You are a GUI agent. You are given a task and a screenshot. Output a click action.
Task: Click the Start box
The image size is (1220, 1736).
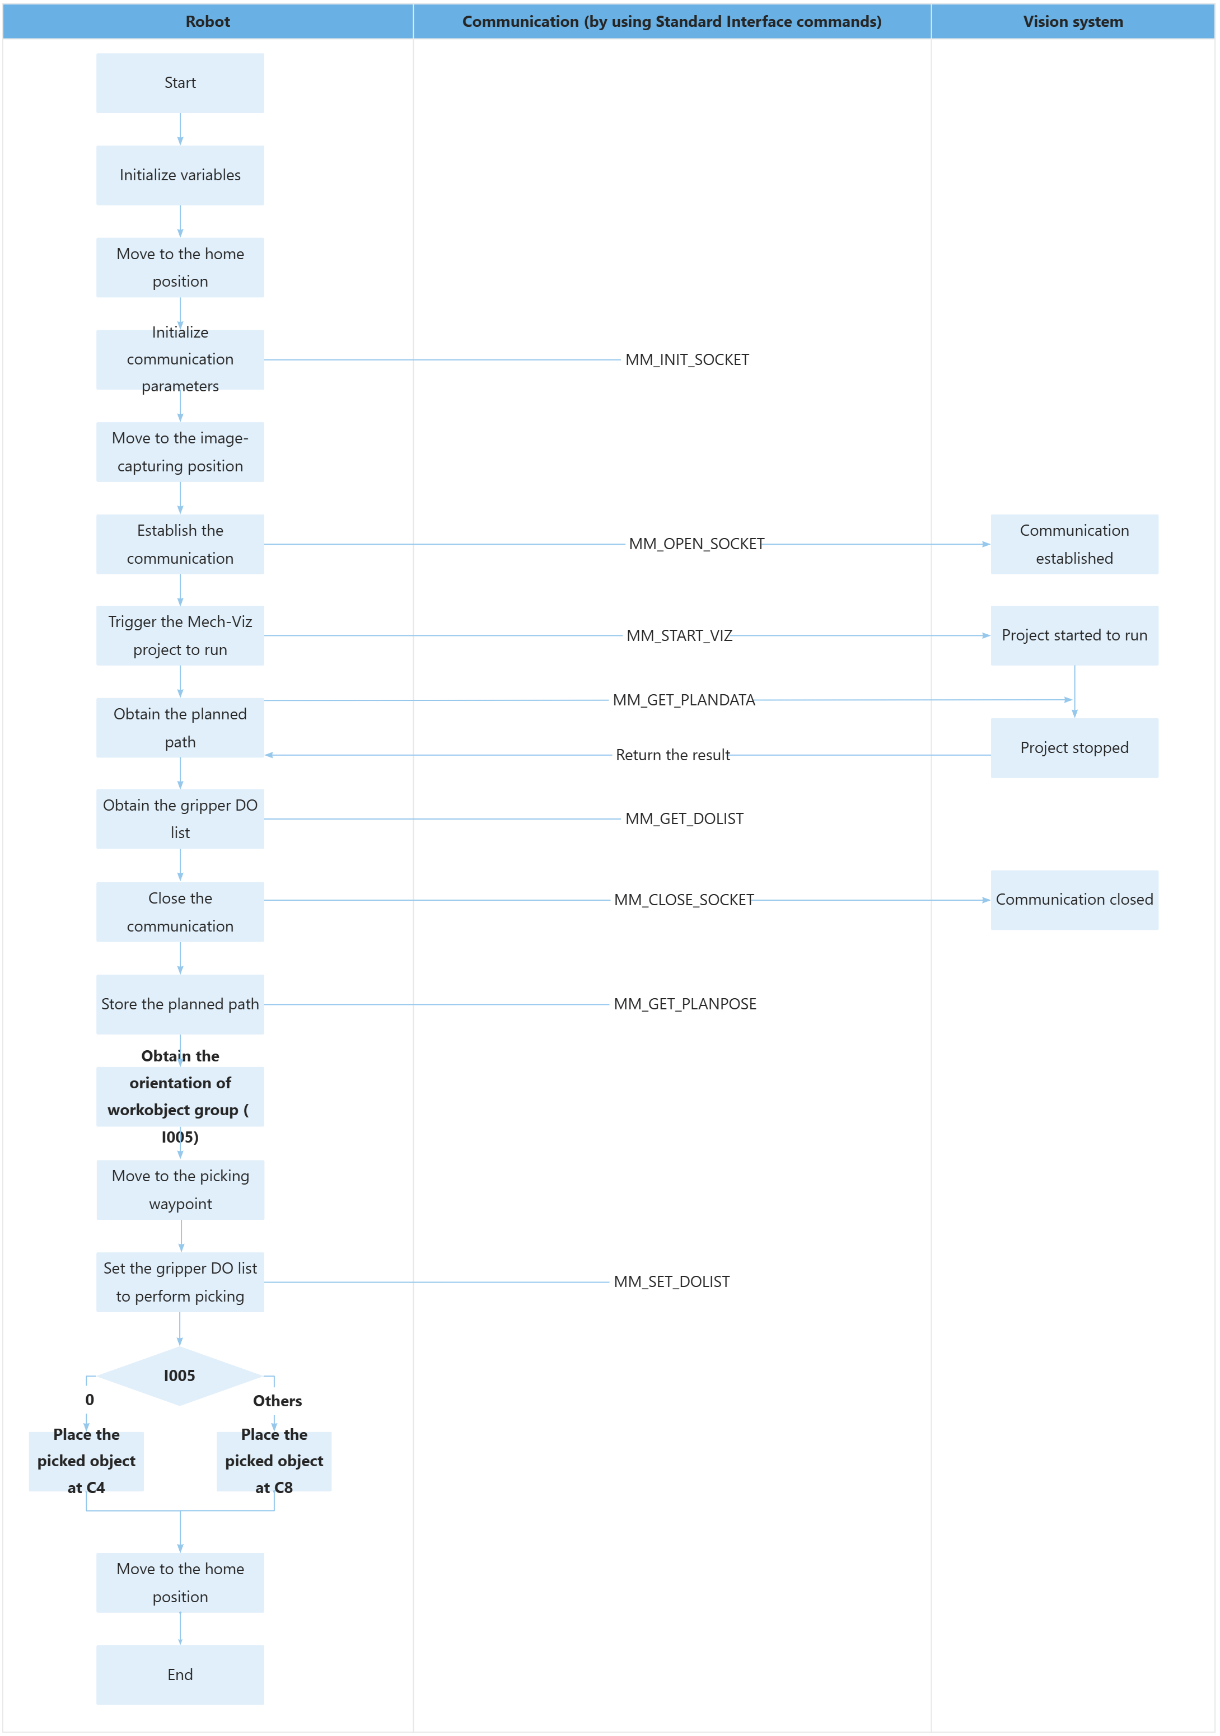pyautogui.click(x=180, y=83)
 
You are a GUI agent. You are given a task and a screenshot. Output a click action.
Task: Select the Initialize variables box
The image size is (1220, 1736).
pyautogui.click(x=180, y=175)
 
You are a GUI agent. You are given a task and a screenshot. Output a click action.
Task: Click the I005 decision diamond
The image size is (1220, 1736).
pyautogui.click(x=180, y=1375)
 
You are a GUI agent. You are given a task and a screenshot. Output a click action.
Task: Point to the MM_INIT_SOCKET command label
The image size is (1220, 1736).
pyautogui.click(x=687, y=360)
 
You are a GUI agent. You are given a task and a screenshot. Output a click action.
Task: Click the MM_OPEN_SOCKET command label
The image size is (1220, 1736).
pyautogui.click(x=696, y=544)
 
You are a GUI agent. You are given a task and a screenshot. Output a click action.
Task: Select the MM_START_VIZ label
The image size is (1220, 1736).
pyautogui.click(x=679, y=636)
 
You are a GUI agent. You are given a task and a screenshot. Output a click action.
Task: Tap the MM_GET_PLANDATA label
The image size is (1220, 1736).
pyautogui.click(x=684, y=700)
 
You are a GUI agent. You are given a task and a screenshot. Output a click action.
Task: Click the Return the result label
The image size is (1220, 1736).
pyautogui.click(x=672, y=755)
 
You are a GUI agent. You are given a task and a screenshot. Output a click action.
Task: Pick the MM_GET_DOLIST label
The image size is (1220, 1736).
pyautogui.click(x=684, y=819)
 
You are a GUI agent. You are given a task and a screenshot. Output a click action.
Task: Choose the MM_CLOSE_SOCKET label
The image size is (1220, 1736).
pyautogui.click(x=684, y=900)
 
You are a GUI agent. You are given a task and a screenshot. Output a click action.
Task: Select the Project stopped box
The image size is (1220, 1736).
pyautogui.click(x=1074, y=748)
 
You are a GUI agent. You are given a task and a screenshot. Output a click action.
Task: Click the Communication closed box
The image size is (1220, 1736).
pyautogui.click(x=1074, y=900)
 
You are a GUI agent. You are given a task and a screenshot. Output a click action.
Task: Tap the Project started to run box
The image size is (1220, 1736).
pyautogui.click(x=1074, y=636)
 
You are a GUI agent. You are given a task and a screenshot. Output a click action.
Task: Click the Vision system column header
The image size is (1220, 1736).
pyautogui.click(x=1073, y=22)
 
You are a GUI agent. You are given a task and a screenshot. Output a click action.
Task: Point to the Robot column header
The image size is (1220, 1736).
pyautogui.click(x=208, y=22)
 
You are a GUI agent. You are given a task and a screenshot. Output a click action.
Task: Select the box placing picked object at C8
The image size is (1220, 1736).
pyautogui.click(x=274, y=1461)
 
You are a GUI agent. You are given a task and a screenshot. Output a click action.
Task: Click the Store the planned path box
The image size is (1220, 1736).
pyautogui.click(x=180, y=1004)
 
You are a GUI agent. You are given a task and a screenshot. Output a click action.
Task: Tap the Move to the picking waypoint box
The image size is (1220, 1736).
pyautogui.click(x=180, y=1190)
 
